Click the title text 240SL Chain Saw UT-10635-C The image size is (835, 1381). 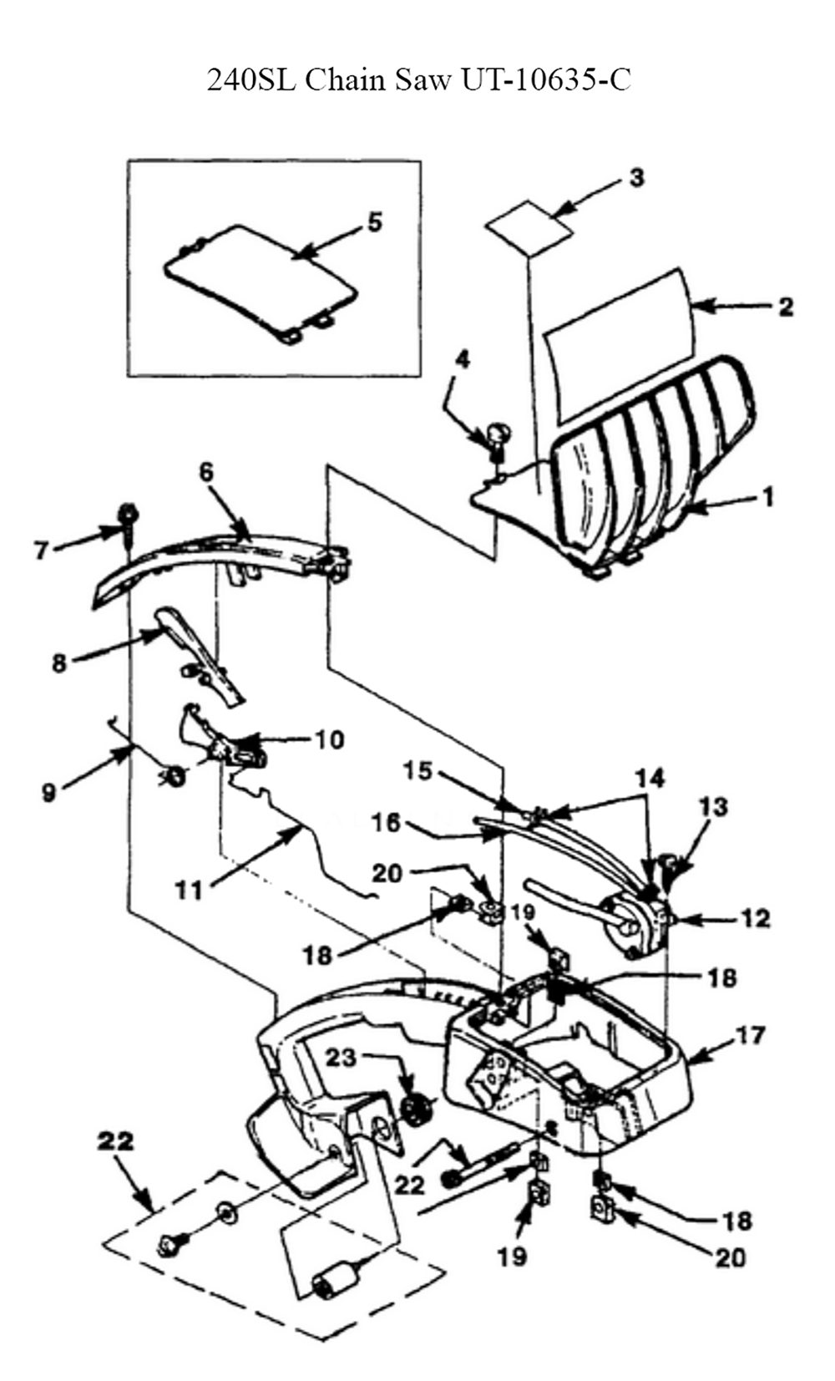418,79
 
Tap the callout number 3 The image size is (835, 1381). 636,178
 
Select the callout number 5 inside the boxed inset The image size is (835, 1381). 375,222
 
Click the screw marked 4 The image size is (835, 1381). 498,438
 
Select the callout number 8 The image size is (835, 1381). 59,663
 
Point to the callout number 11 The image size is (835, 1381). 189,891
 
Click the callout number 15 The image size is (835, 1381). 418,770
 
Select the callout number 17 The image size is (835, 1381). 751,1034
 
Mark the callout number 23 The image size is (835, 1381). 342,1057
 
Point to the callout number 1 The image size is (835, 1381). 767,497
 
